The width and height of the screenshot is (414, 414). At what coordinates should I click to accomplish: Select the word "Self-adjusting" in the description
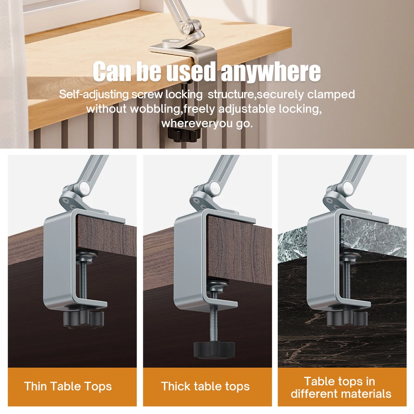94,94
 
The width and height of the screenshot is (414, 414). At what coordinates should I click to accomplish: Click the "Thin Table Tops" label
68,386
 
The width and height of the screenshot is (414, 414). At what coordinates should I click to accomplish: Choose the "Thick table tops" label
205,386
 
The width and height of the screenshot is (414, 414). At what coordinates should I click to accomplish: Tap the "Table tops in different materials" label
341,387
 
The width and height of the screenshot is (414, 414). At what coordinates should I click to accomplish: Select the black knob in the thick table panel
214,349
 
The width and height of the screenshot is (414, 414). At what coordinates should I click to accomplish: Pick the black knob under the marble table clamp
345,318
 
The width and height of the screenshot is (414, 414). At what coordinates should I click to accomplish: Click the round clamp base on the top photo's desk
171,42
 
